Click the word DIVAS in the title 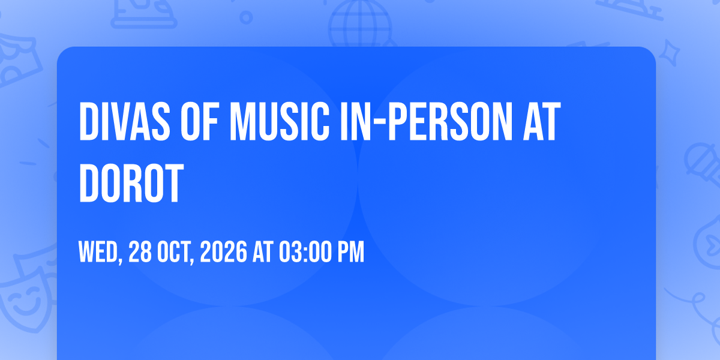[x=125, y=121]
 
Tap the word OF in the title [x=200, y=121]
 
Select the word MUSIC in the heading [x=280, y=121]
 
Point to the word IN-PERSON [x=427, y=121]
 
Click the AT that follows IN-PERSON [x=542, y=121]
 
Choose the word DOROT [x=131, y=183]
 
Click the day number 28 [x=140, y=251]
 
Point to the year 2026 [x=224, y=251]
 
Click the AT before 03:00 [x=263, y=251]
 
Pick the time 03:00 [x=305, y=251]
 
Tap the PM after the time [x=350, y=251]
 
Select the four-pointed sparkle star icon [x=670, y=53]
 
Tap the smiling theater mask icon [x=26, y=301]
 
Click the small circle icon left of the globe [x=246, y=17]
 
